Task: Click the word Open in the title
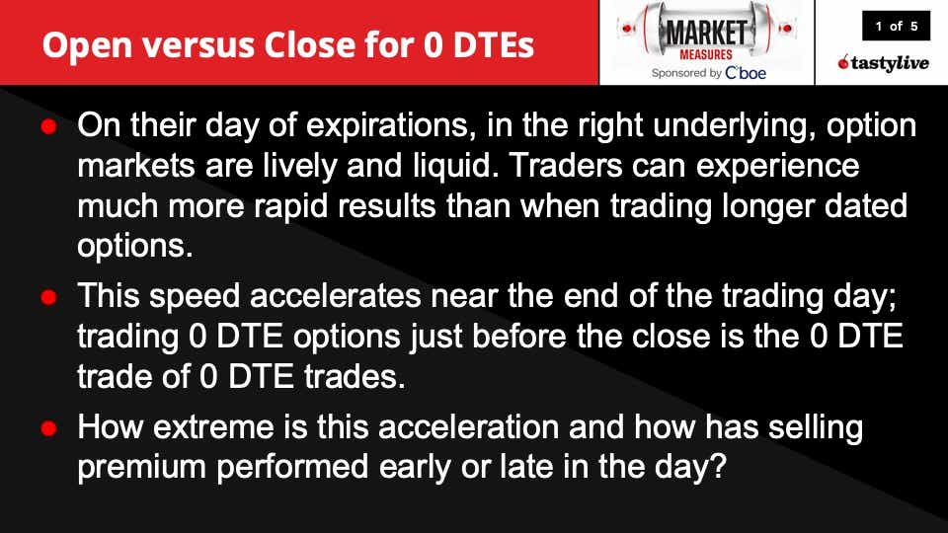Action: pyautogui.click(x=87, y=46)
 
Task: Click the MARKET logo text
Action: pyautogui.click(x=706, y=32)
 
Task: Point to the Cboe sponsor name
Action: pyautogui.click(x=746, y=73)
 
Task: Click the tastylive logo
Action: pyautogui.click(x=883, y=62)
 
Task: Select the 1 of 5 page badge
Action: pyautogui.click(x=896, y=26)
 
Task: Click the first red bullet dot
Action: pyautogui.click(x=49, y=126)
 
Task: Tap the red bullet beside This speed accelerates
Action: pyautogui.click(x=49, y=297)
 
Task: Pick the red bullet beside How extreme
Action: pyautogui.click(x=49, y=427)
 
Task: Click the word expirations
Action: pyautogui.click(x=387, y=125)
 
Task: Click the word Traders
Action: pyautogui.click(x=566, y=166)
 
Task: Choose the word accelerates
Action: pyautogui.click(x=335, y=296)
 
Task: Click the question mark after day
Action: pyautogui.click(x=718, y=466)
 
